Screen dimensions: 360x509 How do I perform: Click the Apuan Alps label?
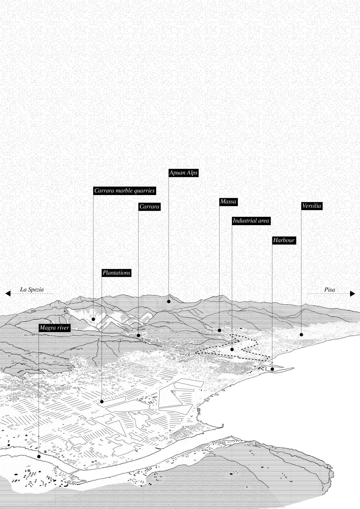click(x=183, y=173)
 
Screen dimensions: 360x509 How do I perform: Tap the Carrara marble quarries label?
click(x=124, y=191)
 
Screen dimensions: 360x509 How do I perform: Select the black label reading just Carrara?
click(x=149, y=207)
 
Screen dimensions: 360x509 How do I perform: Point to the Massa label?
click(x=228, y=201)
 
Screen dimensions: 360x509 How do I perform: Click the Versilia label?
click(x=312, y=206)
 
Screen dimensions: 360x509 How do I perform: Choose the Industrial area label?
click(x=251, y=221)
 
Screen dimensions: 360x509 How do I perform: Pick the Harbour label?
click(x=284, y=240)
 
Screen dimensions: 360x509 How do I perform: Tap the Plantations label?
click(x=116, y=273)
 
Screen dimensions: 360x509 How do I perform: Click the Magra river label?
click(x=54, y=328)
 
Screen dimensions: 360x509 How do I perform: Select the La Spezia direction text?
click(x=32, y=289)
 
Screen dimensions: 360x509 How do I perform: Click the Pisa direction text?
click(x=330, y=290)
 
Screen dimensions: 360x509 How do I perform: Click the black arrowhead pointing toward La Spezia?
click(x=8, y=293)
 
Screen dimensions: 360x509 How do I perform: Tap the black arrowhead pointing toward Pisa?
click(x=352, y=293)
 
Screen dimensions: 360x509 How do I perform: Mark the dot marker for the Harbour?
click(x=272, y=369)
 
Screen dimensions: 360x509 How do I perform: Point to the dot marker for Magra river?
click(x=39, y=456)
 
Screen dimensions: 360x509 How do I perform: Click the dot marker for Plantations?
click(x=102, y=402)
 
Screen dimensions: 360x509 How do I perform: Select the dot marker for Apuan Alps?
click(x=169, y=302)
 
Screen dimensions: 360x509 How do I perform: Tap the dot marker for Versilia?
click(x=301, y=335)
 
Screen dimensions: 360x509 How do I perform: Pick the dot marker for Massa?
click(x=219, y=330)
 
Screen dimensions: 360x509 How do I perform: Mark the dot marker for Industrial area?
click(x=232, y=349)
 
